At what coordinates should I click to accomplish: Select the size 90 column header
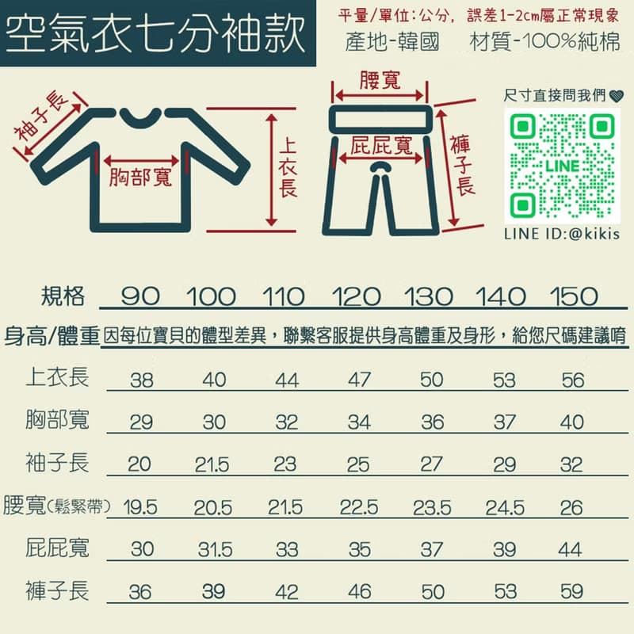(140, 297)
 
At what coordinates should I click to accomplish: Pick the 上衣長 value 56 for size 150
(571, 380)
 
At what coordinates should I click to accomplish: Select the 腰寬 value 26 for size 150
(571, 507)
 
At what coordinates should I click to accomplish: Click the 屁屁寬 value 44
(571, 549)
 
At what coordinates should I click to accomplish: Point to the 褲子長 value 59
(571, 592)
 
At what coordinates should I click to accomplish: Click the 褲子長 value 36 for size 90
(140, 592)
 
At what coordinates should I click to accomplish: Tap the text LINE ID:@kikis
(561, 235)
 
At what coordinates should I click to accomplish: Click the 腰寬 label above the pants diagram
(380, 80)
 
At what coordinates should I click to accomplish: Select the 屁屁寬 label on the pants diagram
(381, 146)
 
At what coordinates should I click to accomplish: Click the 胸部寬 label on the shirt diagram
(140, 176)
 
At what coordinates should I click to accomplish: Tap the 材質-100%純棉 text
(544, 42)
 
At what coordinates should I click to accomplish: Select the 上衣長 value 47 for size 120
(359, 380)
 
